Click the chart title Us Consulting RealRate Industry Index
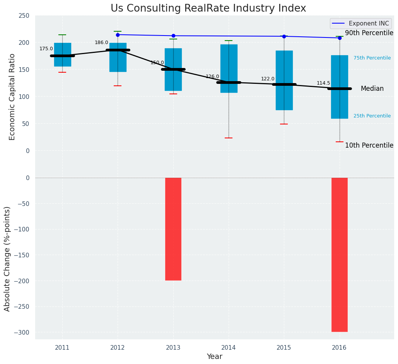(208, 9)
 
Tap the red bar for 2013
(173, 229)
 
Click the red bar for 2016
(339, 254)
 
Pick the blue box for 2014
(229, 68)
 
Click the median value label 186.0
(101, 43)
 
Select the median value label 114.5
(323, 83)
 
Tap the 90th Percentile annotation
(369, 33)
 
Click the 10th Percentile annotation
(369, 145)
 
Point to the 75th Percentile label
(372, 58)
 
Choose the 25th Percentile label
(372, 116)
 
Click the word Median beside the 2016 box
(372, 88)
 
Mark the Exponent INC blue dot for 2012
(118, 35)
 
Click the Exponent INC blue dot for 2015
(284, 36)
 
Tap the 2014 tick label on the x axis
(229, 348)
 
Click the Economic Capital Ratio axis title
(12, 97)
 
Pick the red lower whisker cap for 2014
(229, 138)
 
